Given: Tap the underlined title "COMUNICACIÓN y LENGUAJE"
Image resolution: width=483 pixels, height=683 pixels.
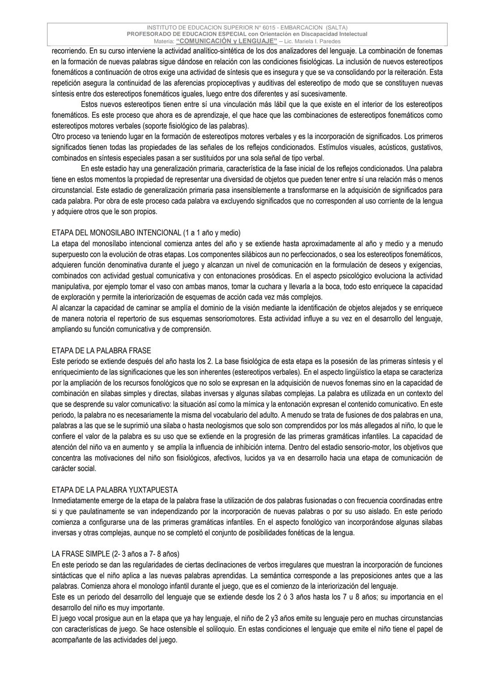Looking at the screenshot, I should click(x=227, y=41).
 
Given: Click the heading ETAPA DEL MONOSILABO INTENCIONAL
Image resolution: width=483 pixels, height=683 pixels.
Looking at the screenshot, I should click(x=116, y=233).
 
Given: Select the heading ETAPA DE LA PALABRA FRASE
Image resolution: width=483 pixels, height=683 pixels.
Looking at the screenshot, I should click(x=101, y=350).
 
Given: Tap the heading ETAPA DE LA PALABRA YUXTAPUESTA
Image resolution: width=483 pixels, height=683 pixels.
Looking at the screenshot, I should click(x=114, y=490).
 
